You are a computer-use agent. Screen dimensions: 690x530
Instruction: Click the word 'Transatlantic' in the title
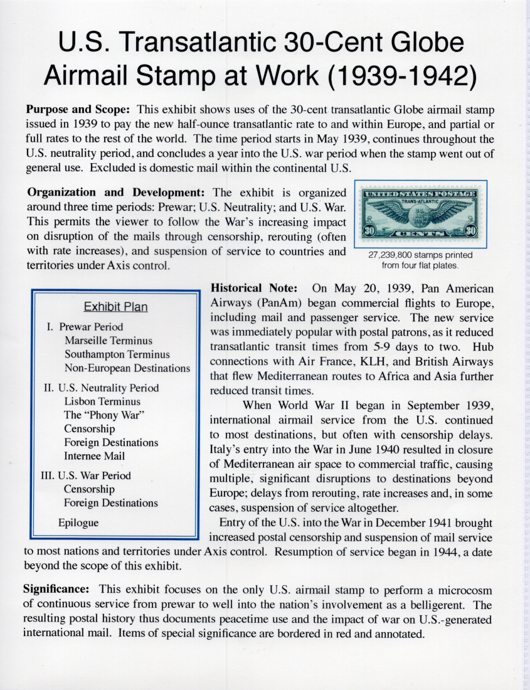[x=200, y=42]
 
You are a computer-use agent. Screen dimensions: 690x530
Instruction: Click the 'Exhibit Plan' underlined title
[x=116, y=307]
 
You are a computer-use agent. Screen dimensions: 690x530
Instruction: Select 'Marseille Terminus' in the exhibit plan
[x=108, y=341]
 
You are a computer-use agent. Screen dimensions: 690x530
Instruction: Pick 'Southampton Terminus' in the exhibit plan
[x=117, y=354]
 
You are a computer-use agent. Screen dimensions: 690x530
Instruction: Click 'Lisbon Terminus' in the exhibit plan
[x=102, y=401]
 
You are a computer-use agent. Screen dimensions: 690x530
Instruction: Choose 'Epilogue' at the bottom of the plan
[x=78, y=522]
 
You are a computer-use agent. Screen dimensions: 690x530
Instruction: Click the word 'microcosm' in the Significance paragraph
[x=456, y=590]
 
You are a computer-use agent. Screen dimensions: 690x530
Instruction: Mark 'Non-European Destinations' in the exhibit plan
[x=127, y=368]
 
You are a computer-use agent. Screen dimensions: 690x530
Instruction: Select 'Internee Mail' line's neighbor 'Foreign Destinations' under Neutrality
[x=111, y=442]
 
